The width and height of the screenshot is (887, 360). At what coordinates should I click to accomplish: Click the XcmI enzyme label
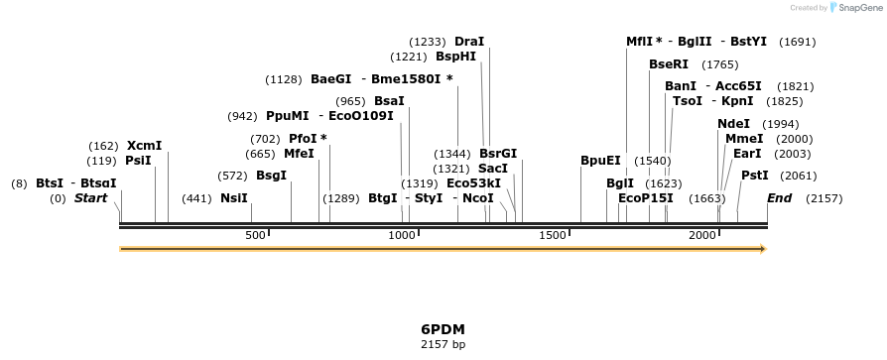(144, 146)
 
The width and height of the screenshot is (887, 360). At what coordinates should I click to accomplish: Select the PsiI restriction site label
(138, 161)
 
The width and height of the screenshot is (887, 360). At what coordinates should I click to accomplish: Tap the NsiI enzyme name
(234, 198)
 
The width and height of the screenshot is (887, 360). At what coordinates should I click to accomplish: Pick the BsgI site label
(271, 176)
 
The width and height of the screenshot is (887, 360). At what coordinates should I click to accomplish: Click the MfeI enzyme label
(299, 154)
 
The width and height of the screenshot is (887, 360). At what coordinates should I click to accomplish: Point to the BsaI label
(389, 101)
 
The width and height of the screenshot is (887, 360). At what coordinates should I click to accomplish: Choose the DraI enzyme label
(469, 42)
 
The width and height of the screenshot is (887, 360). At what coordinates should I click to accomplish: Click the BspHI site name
(455, 57)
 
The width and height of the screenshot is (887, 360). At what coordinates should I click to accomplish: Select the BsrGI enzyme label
(498, 154)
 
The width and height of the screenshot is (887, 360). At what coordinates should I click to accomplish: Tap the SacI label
(493, 169)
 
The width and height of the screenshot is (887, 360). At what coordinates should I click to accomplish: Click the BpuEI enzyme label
(600, 161)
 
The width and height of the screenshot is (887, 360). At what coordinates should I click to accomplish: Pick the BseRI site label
(668, 64)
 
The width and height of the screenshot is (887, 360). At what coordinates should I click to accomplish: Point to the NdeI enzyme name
(733, 124)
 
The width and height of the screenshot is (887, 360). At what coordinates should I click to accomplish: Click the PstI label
(755, 176)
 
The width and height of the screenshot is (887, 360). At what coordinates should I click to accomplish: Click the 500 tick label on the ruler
(256, 235)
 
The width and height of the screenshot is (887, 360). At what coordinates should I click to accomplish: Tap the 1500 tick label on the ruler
(552, 235)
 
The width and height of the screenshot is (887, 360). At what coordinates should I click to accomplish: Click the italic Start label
(90, 198)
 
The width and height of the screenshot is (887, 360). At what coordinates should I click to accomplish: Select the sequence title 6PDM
(443, 329)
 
